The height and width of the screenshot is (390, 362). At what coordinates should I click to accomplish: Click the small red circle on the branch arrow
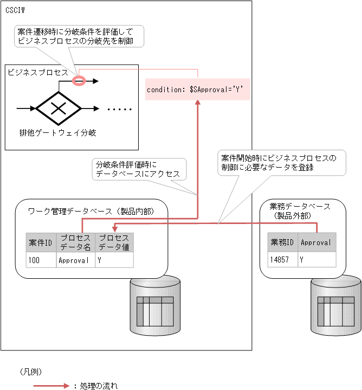[x=79, y=81]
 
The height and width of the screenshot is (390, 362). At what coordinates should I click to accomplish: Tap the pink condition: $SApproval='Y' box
[x=198, y=89]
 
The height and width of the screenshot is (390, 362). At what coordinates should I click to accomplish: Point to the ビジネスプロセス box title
[x=37, y=72]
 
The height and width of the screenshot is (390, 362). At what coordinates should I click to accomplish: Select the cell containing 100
[x=41, y=260]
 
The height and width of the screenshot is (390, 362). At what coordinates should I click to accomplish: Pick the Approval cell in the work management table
[x=75, y=260]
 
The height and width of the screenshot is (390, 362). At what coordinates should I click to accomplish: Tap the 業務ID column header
[x=282, y=242]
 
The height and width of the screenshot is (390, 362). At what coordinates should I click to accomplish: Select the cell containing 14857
[x=282, y=260]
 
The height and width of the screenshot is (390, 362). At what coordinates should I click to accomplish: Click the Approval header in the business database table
[x=316, y=242]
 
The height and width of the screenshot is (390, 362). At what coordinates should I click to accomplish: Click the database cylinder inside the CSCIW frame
[x=155, y=305]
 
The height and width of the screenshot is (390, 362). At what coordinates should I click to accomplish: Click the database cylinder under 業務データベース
[x=336, y=305]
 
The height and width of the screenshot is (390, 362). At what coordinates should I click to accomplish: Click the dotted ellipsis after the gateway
[x=119, y=109]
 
